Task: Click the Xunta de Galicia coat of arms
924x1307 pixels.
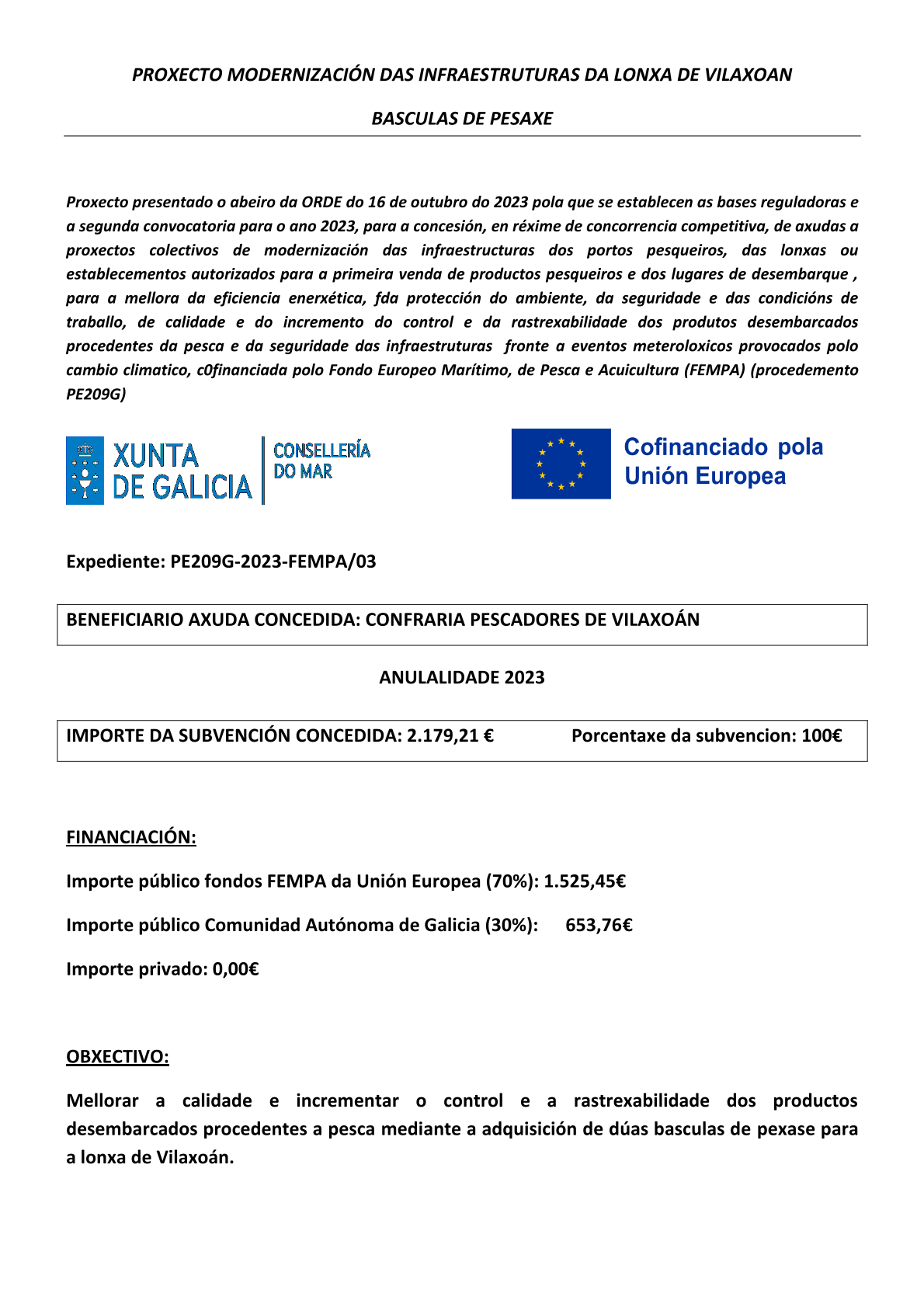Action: click(85, 471)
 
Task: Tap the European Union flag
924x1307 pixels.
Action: click(561, 464)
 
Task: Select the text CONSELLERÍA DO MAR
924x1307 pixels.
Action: click(321, 461)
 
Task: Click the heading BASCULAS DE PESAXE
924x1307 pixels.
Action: click(462, 119)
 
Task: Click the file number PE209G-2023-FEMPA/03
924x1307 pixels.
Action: click(273, 561)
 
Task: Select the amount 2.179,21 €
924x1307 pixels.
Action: click(450, 735)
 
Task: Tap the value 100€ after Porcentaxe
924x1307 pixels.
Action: click(822, 735)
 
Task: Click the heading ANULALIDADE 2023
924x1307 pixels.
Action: click(462, 677)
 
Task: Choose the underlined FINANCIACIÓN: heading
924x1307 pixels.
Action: click(131, 837)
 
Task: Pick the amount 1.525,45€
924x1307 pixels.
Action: click(585, 881)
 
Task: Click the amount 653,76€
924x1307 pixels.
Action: click(599, 925)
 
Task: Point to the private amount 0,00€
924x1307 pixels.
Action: click(235, 969)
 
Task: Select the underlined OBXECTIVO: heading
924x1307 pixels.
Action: click(117, 1057)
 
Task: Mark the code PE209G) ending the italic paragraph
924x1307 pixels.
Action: click(96, 395)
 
